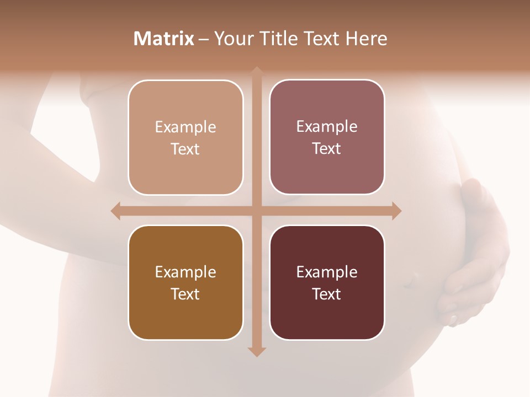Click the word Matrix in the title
(164, 39)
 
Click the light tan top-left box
(185, 137)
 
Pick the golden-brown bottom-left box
(185, 282)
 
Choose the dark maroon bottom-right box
(327, 282)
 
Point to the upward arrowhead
(257, 71)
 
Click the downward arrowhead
(257, 352)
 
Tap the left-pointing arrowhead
(115, 211)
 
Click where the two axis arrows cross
(257, 211)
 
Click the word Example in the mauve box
(327, 126)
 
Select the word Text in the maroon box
(327, 294)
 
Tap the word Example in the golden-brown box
(185, 272)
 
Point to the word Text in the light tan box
(185, 149)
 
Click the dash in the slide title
(204, 39)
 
